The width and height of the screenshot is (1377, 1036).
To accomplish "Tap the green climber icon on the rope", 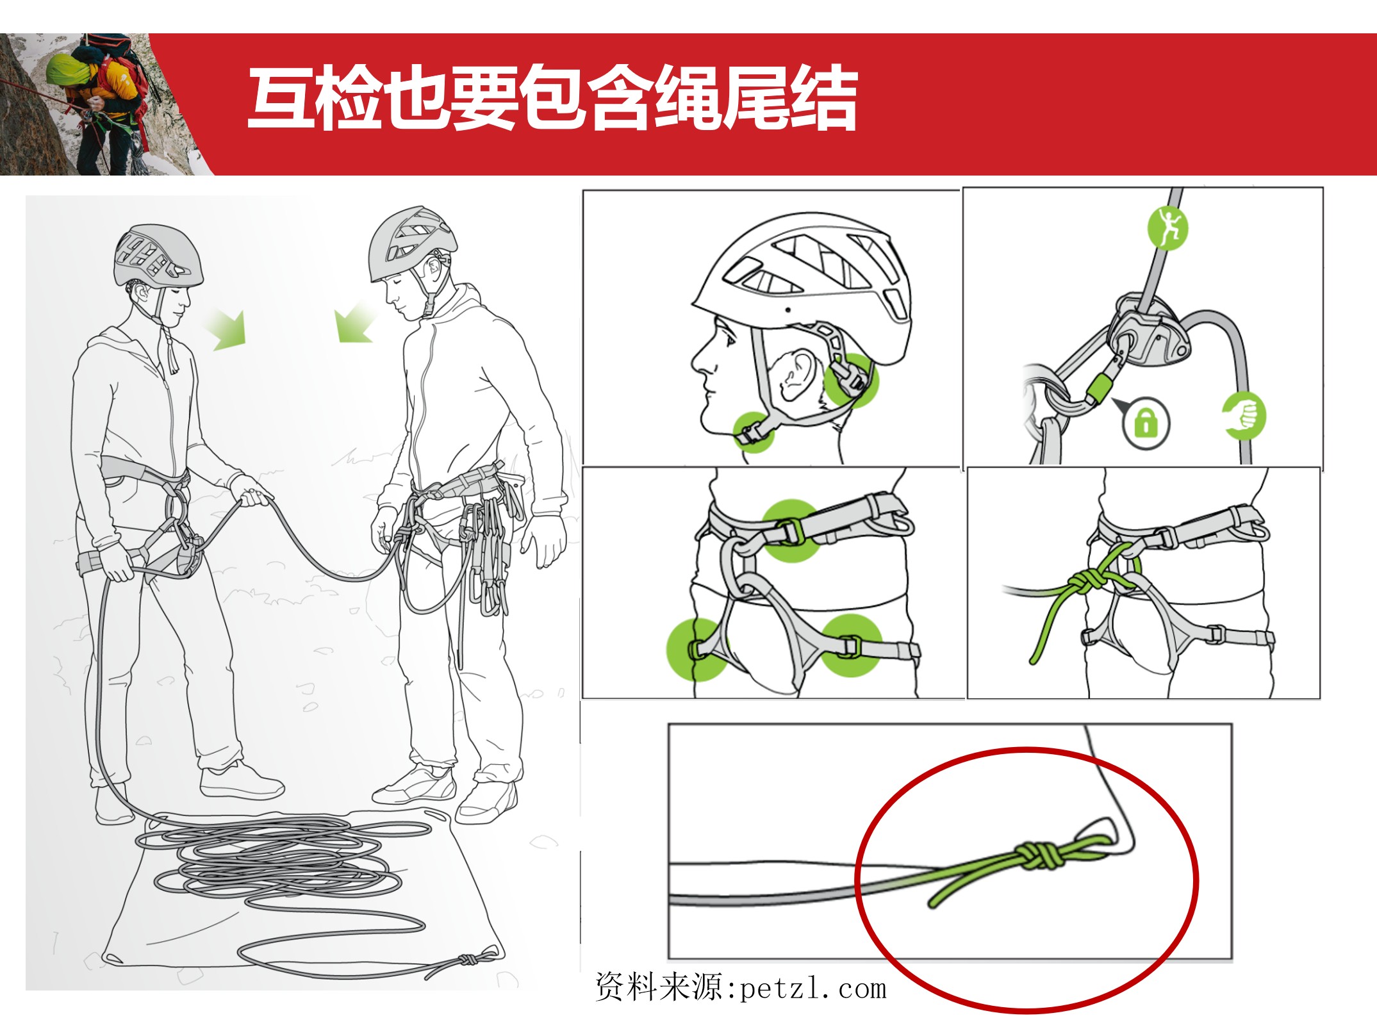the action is (x=1167, y=227).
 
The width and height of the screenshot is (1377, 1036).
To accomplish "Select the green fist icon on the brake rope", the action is (x=1243, y=416).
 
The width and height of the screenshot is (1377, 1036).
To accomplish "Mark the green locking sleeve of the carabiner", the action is (x=1100, y=389).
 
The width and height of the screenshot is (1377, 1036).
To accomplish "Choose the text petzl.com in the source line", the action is (x=813, y=989).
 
